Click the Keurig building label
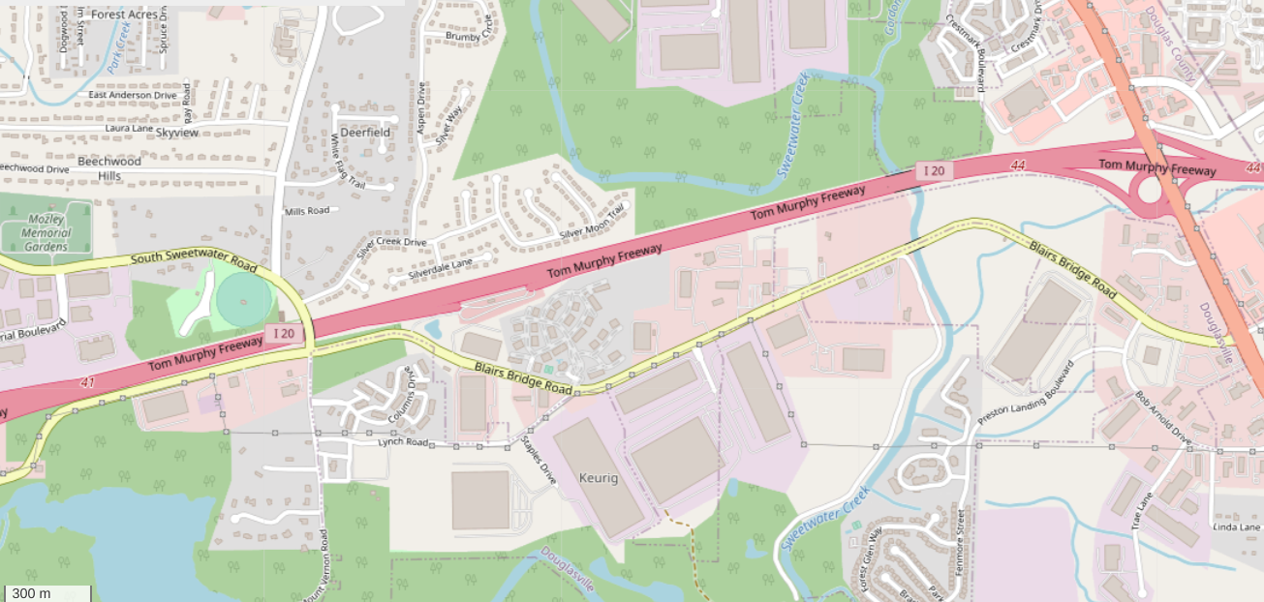(x=598, y=478)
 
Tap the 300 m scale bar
(x=46, y=593)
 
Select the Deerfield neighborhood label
(x=365, y=132)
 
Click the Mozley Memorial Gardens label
(x=46, y=232)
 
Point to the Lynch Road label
(x=403, y=442)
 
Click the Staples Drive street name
(x=540, y=460)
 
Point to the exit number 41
(x=88, y=383)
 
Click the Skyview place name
(x=177, y=132)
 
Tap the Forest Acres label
(x=124, y=15)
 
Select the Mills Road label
(x=307, y=210)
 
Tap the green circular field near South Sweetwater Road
(x=244, y=299)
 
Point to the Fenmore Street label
(x=961, y=543)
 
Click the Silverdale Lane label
(x=441, y=269)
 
